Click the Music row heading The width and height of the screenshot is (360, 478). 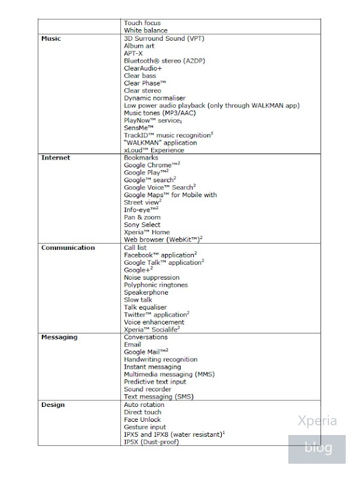click(x=51, y=38)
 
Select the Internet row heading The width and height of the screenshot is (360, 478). click(x=56, y=158)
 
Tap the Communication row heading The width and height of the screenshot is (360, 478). click(x=68, y=247)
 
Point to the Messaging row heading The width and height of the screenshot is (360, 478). click(x=59, y=337)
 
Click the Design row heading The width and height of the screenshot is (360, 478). click(x=53, y=405)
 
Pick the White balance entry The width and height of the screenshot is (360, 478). click(x=145, y=30)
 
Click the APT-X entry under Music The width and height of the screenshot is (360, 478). click(x=133, y=53)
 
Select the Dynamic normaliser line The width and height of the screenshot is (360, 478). click(x=154, y=98)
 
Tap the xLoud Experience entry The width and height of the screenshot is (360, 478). click(x=154, y=150)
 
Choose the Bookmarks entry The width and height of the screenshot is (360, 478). click(x=141, y=158)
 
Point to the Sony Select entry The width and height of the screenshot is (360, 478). click(x=142, y=225)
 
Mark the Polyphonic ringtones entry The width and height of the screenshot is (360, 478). click(x=155, y=285)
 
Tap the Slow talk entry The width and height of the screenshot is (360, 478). click(x=138, y=300)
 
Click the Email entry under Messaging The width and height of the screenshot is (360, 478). click(x=132, y=345)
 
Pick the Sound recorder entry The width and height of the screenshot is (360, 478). click(x=147, y=390)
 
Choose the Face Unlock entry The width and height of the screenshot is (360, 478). click(x=142, y=419)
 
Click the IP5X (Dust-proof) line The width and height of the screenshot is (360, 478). click(x=151, y=442)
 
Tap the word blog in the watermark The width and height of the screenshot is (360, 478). click(x=317, y=448)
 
